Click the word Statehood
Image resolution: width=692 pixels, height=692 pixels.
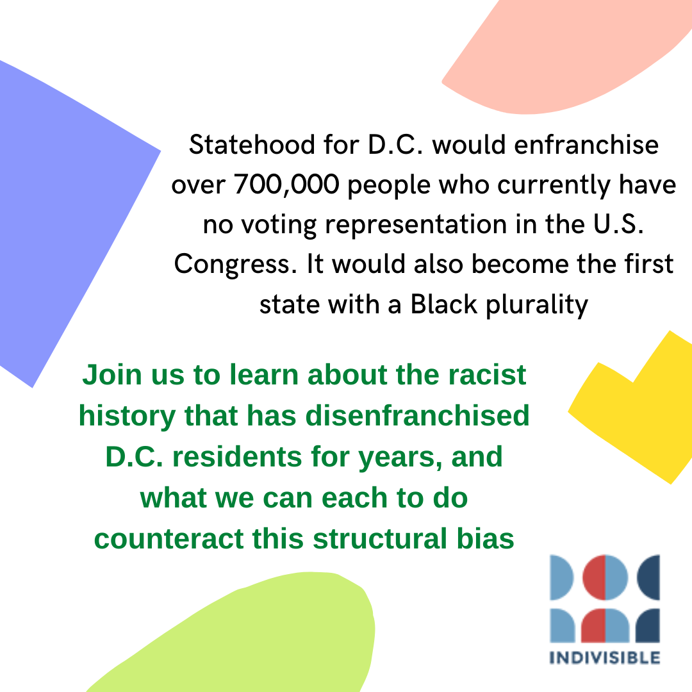(252, 144)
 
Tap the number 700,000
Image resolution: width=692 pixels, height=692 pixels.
(286, 184)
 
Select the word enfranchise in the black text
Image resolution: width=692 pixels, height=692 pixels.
(586, 144)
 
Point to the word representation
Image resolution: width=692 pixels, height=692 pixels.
(416, 225)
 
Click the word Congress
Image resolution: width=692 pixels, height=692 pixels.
(235, 265)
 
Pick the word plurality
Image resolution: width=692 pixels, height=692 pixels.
(537, 304)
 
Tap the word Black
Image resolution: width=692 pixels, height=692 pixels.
(443, 304)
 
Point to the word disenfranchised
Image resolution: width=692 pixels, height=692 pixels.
(417, 415)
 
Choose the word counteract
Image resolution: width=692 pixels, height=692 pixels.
(168, 539)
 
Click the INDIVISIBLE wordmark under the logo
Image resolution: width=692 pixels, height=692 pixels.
(605, 657)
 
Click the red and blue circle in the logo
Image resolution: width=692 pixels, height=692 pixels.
(605, 577)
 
